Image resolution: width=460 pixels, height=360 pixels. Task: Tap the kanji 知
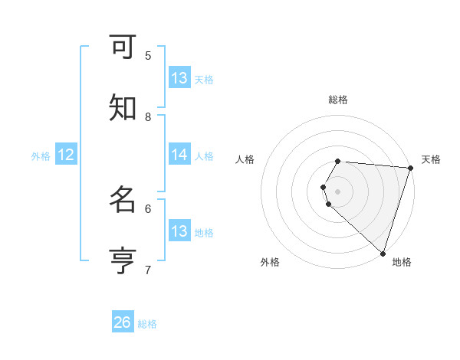(x=123, y=108)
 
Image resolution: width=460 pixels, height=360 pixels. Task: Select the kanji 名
(x=123, y=200)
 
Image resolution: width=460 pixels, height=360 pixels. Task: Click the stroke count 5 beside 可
(x=148, y=55)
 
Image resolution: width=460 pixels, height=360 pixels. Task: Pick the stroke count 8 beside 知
(x=148, y=116)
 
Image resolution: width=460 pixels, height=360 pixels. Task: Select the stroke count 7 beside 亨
(x=148, y=270)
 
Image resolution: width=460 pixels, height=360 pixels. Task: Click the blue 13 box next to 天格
(x=179, y=78)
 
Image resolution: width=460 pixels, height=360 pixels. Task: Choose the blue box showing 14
(x=179, y=155)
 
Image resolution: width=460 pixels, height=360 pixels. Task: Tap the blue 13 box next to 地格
(x=179, y=231)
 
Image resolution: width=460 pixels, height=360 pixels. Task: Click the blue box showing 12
(x=66, y=155)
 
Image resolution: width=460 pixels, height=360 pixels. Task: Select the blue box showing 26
(x=123, y=322)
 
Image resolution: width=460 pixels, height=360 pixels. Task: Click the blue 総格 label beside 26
(x=147, y=324)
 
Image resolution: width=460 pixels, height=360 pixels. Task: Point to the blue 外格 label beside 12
(x=41, y=156)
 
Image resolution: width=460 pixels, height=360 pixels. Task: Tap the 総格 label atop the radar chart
(x=338, y=100)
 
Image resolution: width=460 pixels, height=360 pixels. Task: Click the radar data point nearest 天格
(x=410, y=168)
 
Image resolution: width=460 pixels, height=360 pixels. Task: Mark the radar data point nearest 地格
(x=383, y=253)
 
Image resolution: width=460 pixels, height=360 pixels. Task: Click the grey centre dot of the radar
(x=338, y=191)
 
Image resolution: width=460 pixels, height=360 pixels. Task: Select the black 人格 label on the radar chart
(x=245, y=159)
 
